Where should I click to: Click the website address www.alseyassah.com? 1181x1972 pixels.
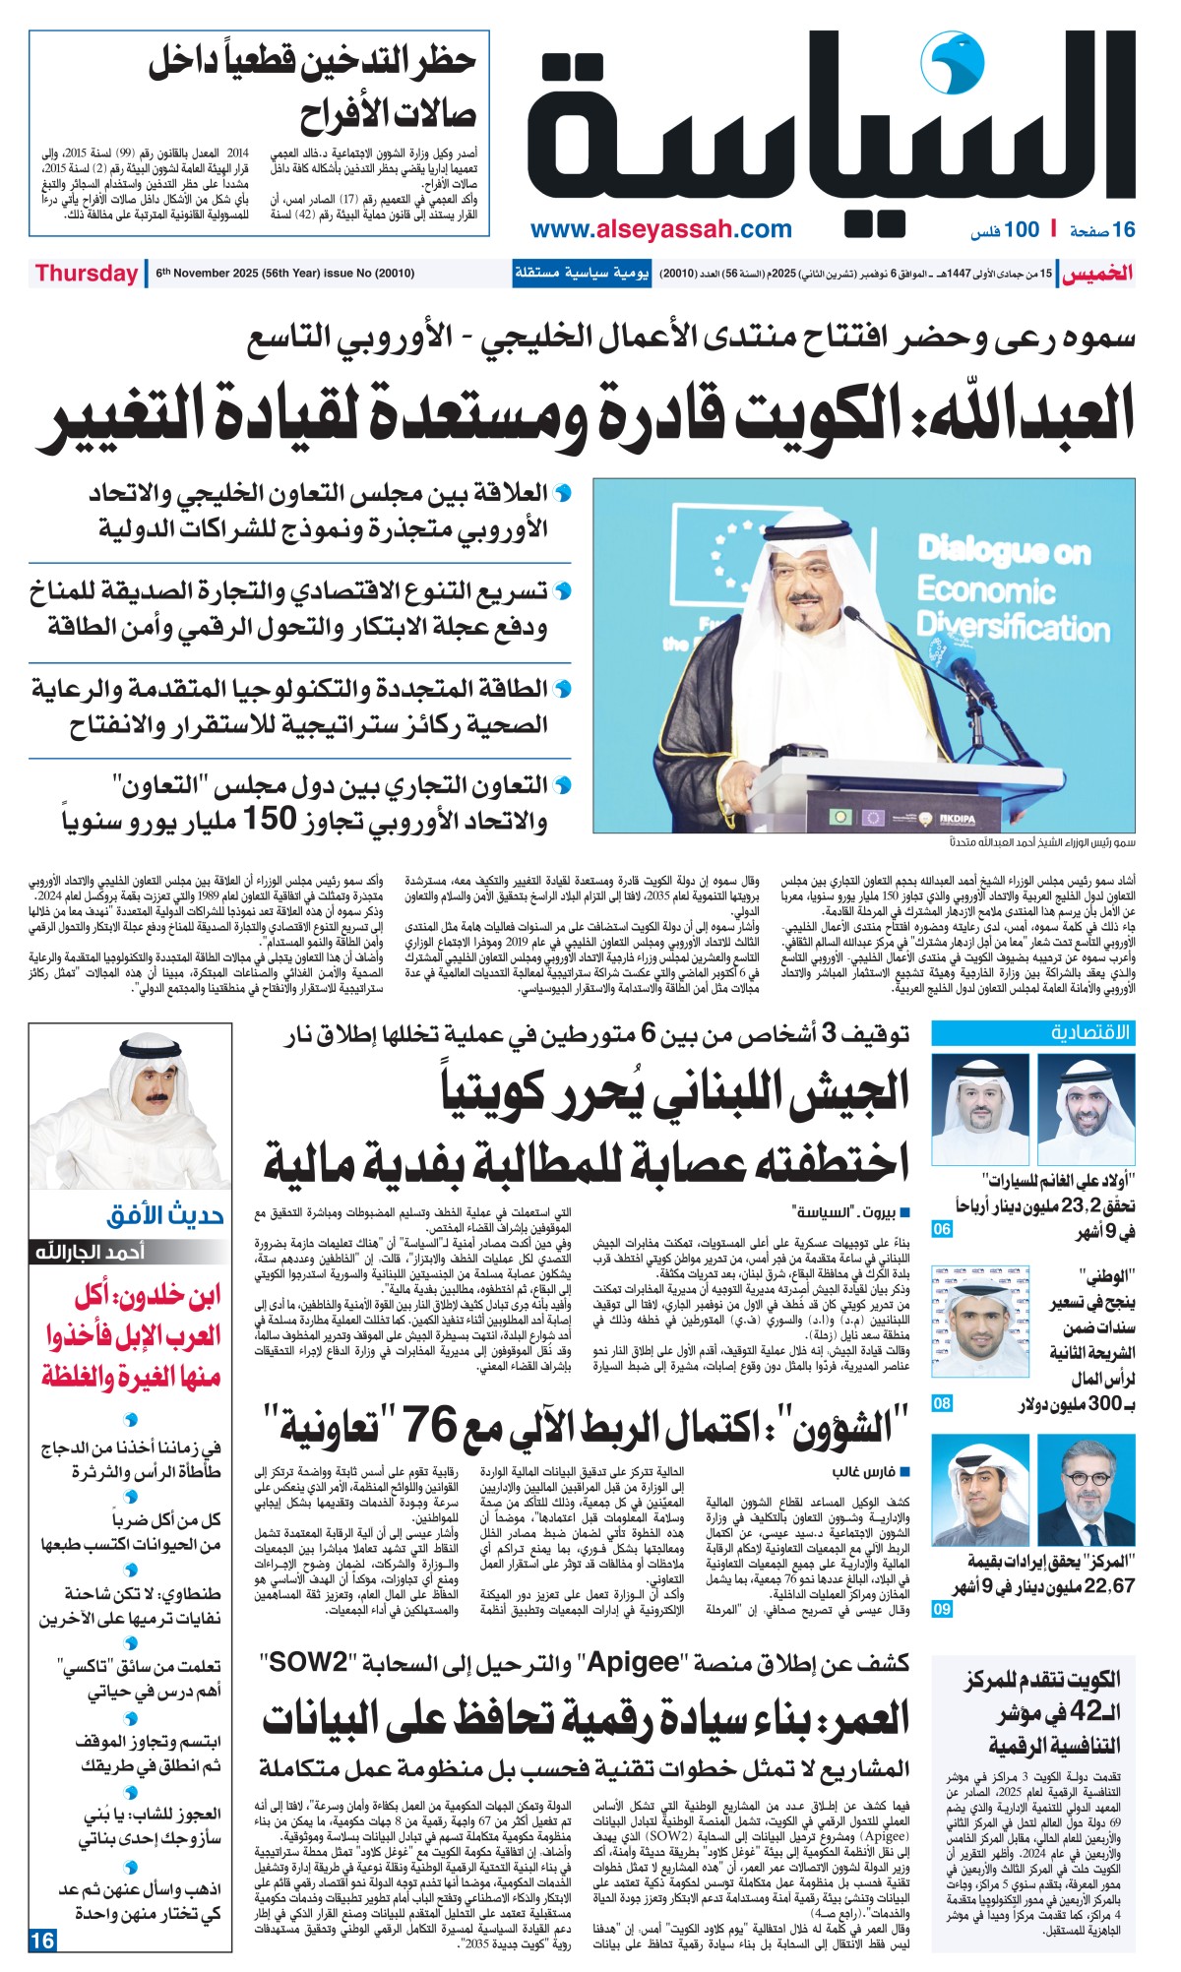click(x=660, y=229)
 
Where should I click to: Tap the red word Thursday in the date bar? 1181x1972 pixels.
click(x=87, y=274)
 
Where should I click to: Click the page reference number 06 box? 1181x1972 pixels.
click(x=942, y=1229)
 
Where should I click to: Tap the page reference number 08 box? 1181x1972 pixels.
click(x=942, y=1403)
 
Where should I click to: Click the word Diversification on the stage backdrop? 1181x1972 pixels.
click(x=1013, y=626)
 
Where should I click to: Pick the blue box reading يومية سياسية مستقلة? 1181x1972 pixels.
click(x=582, y=274)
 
